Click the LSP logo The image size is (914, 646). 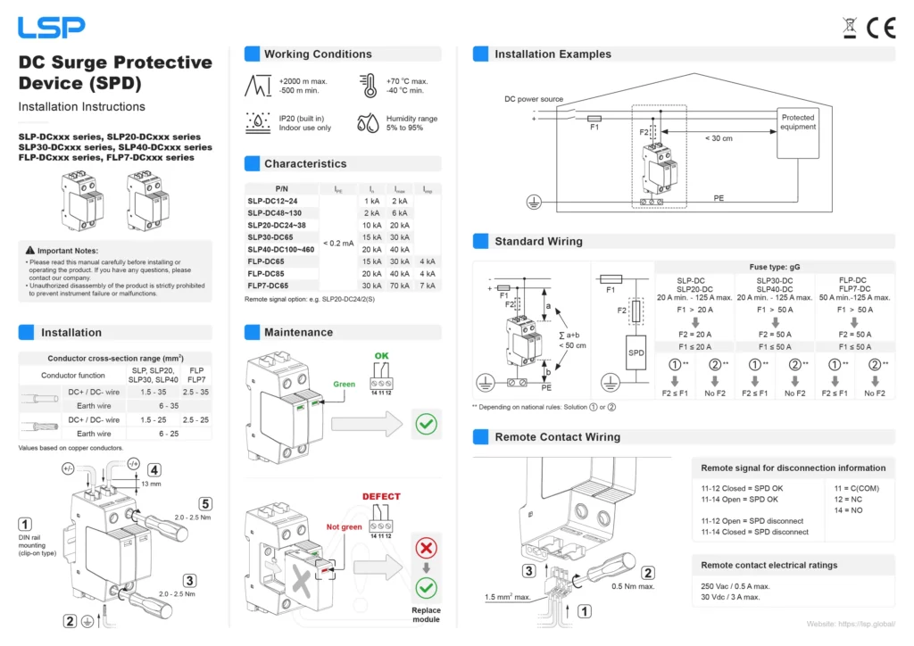53,27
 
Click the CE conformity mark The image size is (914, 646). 880,28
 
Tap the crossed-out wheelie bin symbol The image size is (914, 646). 850,28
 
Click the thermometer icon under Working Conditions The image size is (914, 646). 369,86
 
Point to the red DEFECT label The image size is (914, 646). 381,497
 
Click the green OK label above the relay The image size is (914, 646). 381,355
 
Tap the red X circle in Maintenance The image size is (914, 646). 427,548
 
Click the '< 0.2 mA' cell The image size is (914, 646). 337,243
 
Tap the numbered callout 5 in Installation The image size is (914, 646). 205,502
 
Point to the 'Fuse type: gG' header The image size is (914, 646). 774,267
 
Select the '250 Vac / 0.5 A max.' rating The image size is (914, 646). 735,586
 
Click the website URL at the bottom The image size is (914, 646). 851,624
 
